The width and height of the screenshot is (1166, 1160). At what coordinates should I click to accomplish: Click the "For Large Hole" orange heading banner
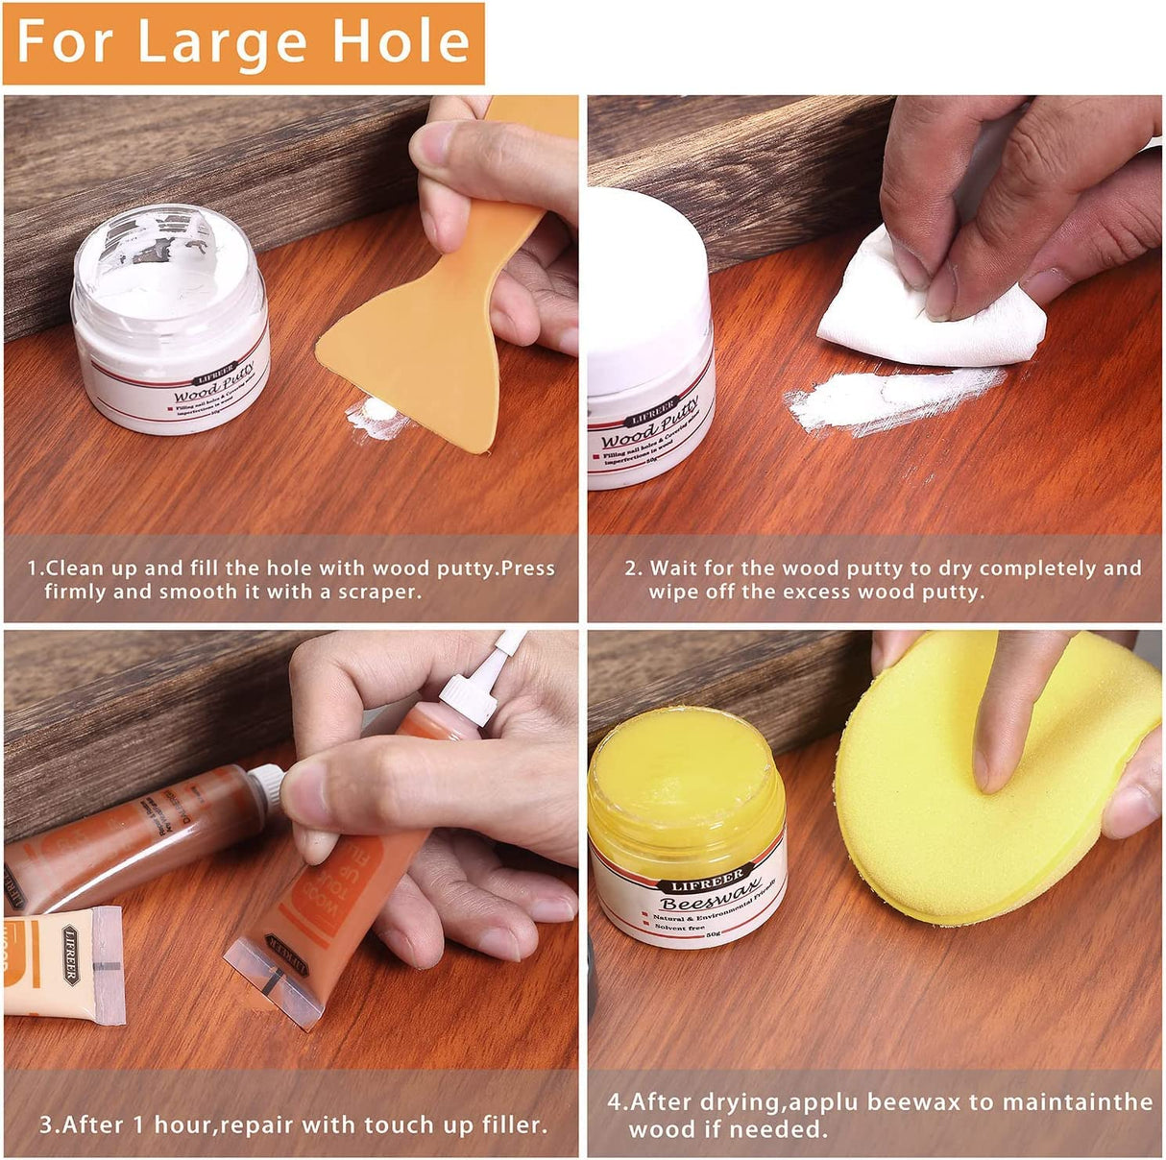tap(243, 42)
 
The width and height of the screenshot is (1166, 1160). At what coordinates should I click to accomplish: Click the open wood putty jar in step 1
tap(171, 317)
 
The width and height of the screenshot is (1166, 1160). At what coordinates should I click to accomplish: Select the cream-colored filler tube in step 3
tap(63, 965)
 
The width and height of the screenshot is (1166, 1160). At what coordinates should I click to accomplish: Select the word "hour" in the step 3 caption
tap(191, 1124)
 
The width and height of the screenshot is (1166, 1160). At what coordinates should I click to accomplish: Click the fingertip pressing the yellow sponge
tap(994, 768)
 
